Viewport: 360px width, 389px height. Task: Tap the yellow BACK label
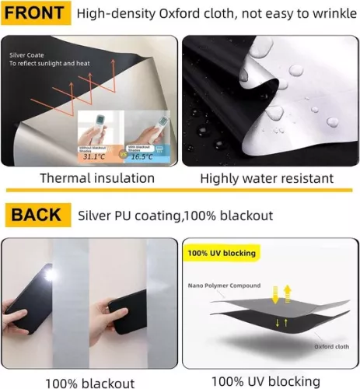[35, 214]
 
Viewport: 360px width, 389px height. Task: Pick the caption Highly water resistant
[266, 179]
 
